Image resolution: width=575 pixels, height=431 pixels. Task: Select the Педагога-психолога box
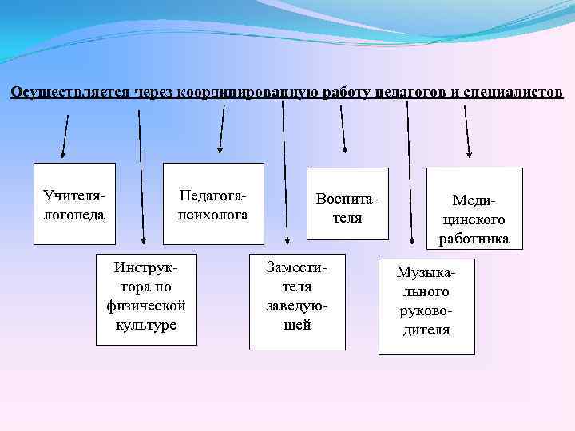point(213,204)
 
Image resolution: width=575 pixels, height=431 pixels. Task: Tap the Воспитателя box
point(348,204)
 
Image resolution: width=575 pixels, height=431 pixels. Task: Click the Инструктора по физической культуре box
point(146,299)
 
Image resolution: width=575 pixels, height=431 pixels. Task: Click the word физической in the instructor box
point(146,306)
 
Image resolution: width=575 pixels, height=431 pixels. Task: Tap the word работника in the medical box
point(474,239)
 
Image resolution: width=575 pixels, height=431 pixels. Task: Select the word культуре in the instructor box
point(146,325)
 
